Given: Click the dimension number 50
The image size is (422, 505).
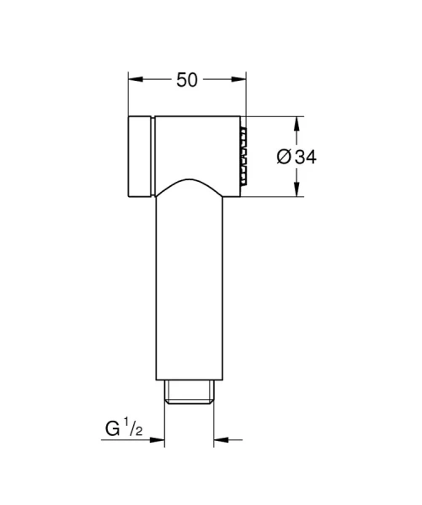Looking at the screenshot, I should click(x=187, y=80).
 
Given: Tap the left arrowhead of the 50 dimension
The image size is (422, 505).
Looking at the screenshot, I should click(x=134, y=80).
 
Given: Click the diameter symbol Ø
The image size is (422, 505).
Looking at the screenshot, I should click(x=284, y=157).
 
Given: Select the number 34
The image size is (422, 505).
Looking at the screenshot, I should click(x=307, y=157).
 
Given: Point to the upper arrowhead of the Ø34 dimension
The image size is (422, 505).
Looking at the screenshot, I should click(x=295, y=120).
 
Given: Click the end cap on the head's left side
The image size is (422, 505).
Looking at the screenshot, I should click(x=141, y=155).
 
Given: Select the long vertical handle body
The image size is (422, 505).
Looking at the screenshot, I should click(x=189, y=286).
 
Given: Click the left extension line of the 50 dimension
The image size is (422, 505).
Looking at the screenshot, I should click(x=128, y=93).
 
